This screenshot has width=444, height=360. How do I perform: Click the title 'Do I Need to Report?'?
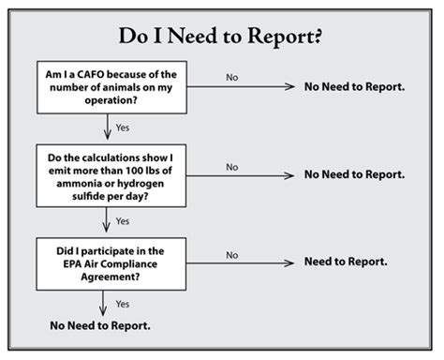(x=222, y=37)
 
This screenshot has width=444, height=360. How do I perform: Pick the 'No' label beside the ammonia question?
(x=231, y=165)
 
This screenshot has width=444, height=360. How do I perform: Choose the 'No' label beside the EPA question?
(x=231, y=253)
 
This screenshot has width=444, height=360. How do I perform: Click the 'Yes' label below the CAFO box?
(x=123, y=127)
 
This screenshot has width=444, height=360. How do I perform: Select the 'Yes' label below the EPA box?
(x=123, y=304)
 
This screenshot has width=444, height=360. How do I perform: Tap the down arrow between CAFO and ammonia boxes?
(x=106, y=129)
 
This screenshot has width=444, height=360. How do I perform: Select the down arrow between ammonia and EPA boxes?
(x=106, y=221)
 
